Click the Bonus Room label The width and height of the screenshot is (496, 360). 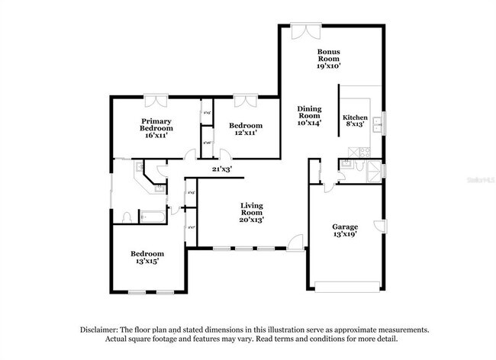[329, 59]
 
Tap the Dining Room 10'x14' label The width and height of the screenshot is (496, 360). [309, 114]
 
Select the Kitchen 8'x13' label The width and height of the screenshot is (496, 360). [356, 122]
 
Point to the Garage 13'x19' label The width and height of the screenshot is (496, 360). [345, 230]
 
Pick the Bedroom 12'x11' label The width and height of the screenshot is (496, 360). [246, 129]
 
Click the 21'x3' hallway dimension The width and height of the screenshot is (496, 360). [221, 169]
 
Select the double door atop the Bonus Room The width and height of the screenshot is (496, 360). [303, 31]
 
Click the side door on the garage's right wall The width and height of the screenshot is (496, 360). [379, 226]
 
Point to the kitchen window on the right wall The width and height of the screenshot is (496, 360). [384, 122]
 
